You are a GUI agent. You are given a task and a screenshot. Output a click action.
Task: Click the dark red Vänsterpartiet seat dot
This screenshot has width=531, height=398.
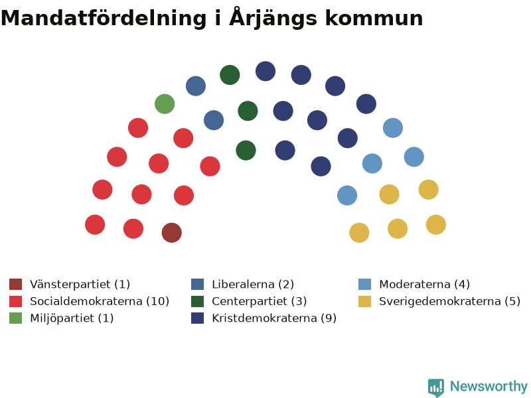point(172,233)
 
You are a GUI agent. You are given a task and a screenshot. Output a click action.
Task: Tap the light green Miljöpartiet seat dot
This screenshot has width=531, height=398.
point(165,104)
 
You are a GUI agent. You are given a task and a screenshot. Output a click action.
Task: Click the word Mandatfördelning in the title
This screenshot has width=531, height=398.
point(104,19)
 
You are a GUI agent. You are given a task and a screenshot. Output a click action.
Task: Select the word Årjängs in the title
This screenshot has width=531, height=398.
point(273,18)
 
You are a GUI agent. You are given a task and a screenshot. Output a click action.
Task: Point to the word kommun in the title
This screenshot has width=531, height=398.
point(374,19)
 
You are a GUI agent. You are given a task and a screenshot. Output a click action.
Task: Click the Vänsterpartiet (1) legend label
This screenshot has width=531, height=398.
point(80,284)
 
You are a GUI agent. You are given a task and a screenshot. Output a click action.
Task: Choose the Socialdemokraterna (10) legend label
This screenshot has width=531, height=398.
point(100,301)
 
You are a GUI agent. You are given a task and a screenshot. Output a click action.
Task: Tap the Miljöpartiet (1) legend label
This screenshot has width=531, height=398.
point(72,318)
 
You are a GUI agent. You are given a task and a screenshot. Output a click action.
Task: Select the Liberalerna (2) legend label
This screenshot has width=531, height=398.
point(253,284)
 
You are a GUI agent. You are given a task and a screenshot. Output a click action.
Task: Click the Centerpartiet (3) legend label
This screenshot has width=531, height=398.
point(260,301)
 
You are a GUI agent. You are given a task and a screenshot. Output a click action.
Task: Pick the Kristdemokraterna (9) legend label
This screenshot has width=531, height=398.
point(274,318)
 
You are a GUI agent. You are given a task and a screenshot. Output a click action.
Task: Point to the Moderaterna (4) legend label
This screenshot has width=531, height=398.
point(424,284)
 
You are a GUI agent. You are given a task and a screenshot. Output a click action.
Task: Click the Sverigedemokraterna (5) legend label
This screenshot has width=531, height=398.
point(450,301)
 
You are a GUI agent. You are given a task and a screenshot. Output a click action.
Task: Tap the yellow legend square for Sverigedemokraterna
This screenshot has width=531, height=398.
point(364,301)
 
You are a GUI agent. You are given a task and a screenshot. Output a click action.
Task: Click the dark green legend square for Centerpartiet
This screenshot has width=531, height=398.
point(197,301)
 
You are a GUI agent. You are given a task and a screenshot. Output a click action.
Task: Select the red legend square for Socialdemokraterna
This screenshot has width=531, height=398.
point(15,301)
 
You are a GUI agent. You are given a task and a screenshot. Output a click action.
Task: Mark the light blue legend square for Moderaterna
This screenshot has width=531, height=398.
point(364,285)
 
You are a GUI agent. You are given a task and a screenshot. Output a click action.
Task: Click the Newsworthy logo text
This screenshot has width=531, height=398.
point(489,386)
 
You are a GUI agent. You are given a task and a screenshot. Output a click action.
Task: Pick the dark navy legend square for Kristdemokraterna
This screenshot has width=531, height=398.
point(197,318)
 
